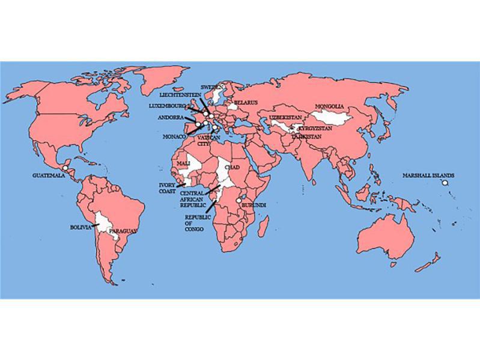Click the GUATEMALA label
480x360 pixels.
coord(49,175)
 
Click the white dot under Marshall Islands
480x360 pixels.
coord(445,183)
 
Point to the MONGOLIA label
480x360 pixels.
coord(329,106)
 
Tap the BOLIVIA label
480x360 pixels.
coord(81,228)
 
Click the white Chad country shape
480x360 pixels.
coord(227,171)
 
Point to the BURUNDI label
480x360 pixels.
coord(253,206)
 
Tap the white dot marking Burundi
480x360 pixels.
coord(239,200)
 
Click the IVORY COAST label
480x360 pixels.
coord(167,188)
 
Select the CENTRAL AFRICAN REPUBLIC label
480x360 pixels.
coord(193,200)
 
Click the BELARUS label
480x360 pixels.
coord(246,103)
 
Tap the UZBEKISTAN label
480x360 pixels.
coord(284,117)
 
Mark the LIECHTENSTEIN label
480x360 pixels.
coord(181,95)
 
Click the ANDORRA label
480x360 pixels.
coord(170,118)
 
